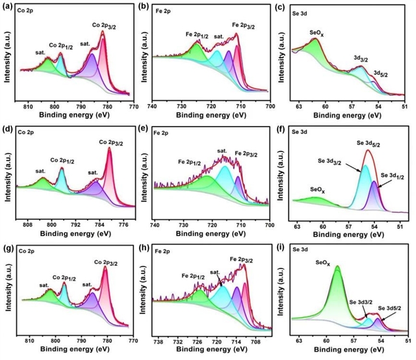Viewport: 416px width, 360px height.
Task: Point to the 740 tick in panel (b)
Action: tap(152, 106)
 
